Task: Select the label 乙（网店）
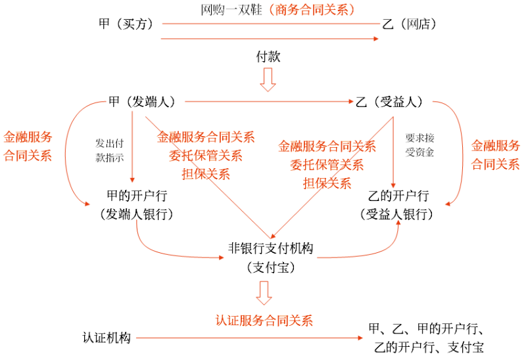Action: coord(409,24)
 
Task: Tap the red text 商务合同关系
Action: coord(309,9)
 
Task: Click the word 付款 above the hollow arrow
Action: coord(268,56)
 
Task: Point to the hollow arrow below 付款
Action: coord(268,79)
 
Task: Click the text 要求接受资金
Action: coord(420,145)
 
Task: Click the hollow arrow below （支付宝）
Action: coord(264,292)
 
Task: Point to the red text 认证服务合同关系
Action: coord(264,321)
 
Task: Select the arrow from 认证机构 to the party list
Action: coord(250,338)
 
